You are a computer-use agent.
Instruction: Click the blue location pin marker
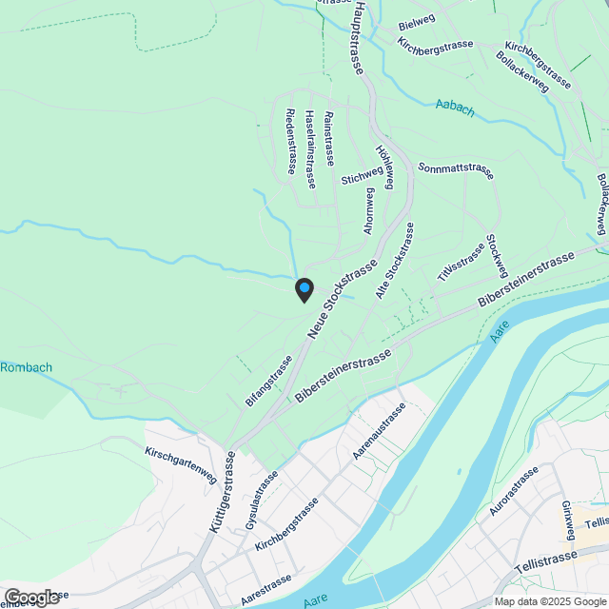coord(304,289)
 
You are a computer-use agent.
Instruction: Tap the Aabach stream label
coord(455,108)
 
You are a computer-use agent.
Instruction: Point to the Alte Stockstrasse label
coord(395,264)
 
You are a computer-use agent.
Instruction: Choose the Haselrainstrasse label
coord(311,148)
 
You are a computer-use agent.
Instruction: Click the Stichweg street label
coord(362,172)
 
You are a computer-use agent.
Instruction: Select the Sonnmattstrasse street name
coord(456,171)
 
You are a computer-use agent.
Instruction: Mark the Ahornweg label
coord(369,210)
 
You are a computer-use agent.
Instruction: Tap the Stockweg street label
coord(493,253)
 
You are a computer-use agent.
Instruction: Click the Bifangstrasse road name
coord(267,382)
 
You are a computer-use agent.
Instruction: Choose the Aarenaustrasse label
coord(379,431)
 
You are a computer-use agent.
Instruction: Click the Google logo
coord(31,597)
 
